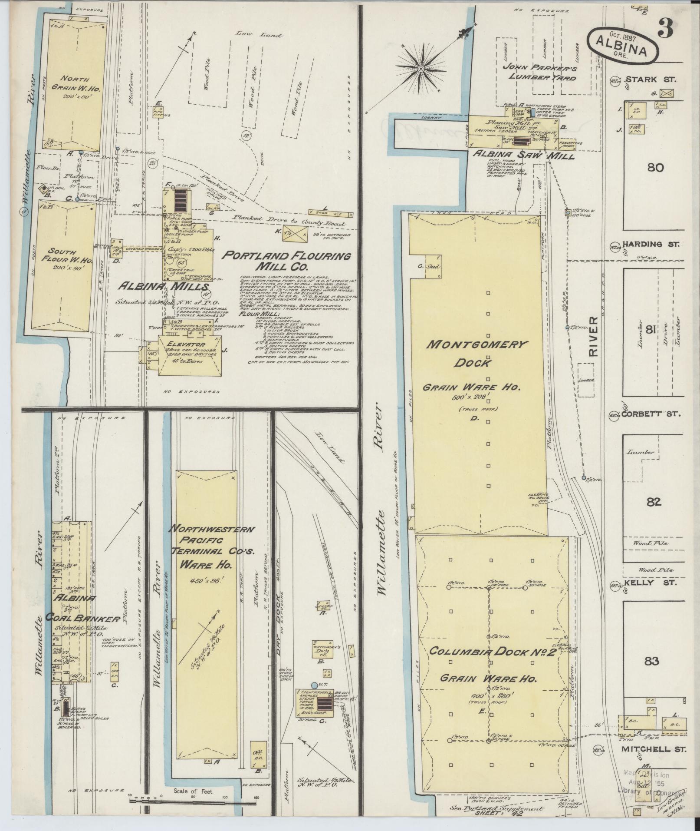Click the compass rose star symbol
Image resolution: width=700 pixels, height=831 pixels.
pyautogui.click(x=421, y=69)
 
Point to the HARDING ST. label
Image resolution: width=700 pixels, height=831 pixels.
pyautogui.click(x=650, y=245)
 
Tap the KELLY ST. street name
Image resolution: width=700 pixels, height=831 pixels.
pyautogui.click(x=649, y=583)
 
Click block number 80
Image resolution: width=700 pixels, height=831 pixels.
pyautogui.click(x=654, y=167)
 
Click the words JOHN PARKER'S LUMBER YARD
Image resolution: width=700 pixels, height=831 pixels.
pyautogui.click(x=539, y=73)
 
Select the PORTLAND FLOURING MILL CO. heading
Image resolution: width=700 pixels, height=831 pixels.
pyautogui.click(x=286, y=261)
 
